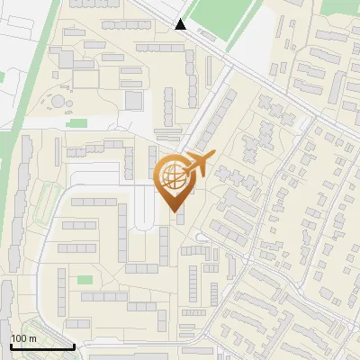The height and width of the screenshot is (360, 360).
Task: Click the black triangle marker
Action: [x=181, y=24]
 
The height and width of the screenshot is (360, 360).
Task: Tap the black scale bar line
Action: [x=41, y=346]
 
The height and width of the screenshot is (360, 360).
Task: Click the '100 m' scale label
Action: [x=23, y=338]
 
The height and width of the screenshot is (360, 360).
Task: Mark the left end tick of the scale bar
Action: [x=10, y=345]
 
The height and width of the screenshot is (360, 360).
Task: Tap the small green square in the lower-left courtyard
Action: [x=85, y=280]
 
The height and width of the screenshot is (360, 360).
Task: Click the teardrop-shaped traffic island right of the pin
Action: [x=202, y=238]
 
